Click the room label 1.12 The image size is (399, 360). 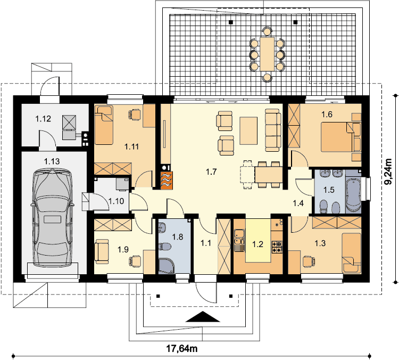point(43,118)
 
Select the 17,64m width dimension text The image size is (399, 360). point(182,348)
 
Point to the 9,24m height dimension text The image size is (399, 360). point(388,171)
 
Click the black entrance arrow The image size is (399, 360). point(203,317)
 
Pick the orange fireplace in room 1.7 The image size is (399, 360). point(167,180)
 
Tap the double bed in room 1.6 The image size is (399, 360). point(340,137)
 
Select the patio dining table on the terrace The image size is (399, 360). point(267,54)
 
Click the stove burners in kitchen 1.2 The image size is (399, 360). point(277,247)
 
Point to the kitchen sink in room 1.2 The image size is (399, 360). point(239,237)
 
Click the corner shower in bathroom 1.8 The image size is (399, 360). point(167,266)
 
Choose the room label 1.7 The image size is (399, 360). point(211,171)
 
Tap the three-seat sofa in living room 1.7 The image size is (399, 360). point(273,130)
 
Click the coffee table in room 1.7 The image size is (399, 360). point(248,130)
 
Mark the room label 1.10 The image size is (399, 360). point(117,201)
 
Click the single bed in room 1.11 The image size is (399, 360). point(104,125)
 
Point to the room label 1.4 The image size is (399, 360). point(298,203)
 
